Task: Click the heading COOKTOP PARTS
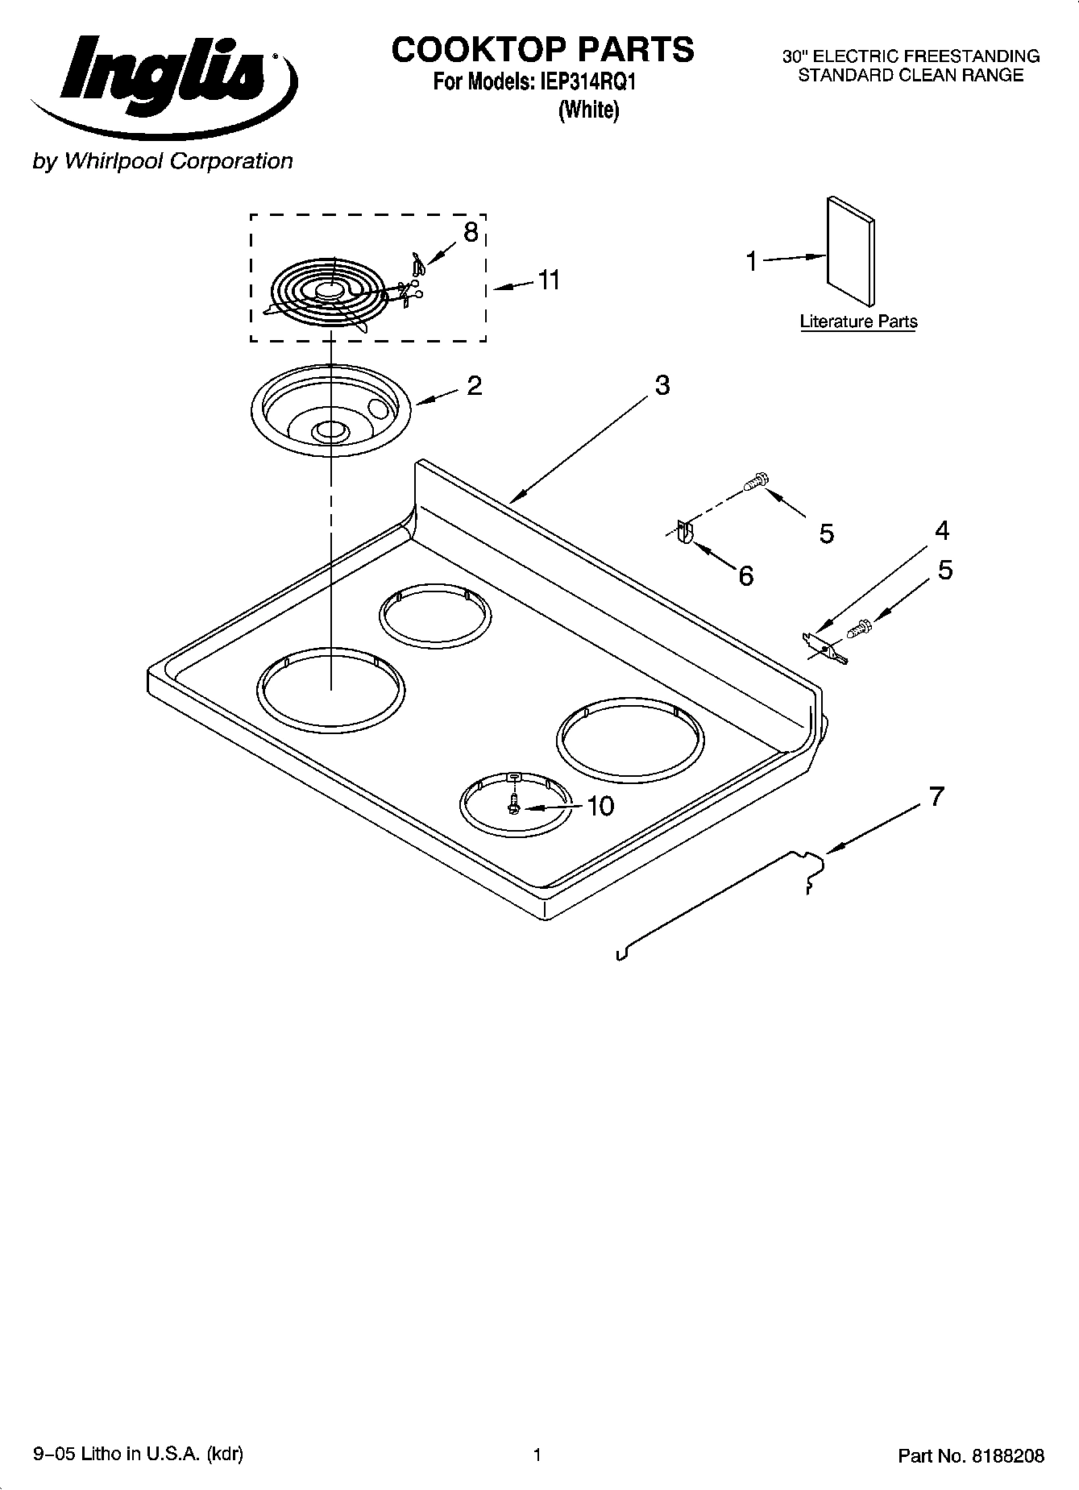point(542,50)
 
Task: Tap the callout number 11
point(549,280)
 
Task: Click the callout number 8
point(470,233)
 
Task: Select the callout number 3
point(662,385)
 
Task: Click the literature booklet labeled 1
point(850,251)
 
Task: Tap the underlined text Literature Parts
point(858,322)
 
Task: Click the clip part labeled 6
point(684,533)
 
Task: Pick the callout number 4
point(941,531)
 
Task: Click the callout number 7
point(935,797)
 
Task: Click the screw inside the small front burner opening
point(513,803)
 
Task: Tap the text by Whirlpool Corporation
point(162,161)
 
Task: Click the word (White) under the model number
point(589,110)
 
